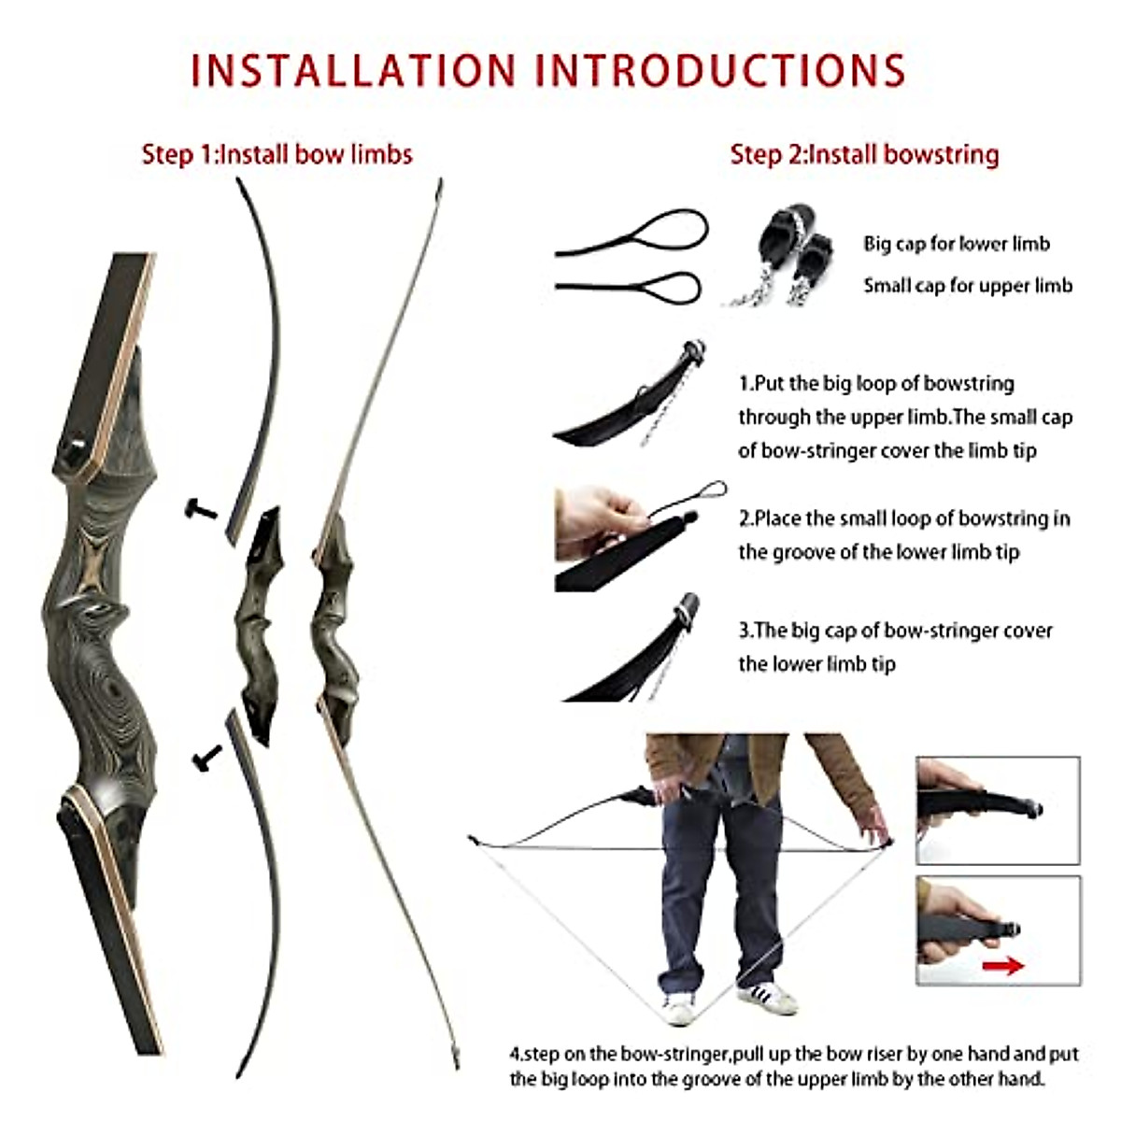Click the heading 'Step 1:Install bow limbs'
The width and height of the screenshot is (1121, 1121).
click(x=277, y=154)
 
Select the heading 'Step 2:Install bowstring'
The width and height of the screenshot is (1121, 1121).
click(x=864, y=154)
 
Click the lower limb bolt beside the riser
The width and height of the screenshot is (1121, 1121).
click(x=206, y=756)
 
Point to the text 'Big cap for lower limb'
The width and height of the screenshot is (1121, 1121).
click(x=956, y=244)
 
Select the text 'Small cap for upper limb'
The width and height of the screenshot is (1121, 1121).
click(x=967, y=285)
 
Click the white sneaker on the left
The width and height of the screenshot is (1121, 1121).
click(x=679, y=1007)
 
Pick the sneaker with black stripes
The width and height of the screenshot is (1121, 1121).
click(x=768, y=997)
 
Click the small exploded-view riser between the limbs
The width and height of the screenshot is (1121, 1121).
click(x=259, y=626)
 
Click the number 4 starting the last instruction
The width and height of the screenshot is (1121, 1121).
click(x=515, y=1055)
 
